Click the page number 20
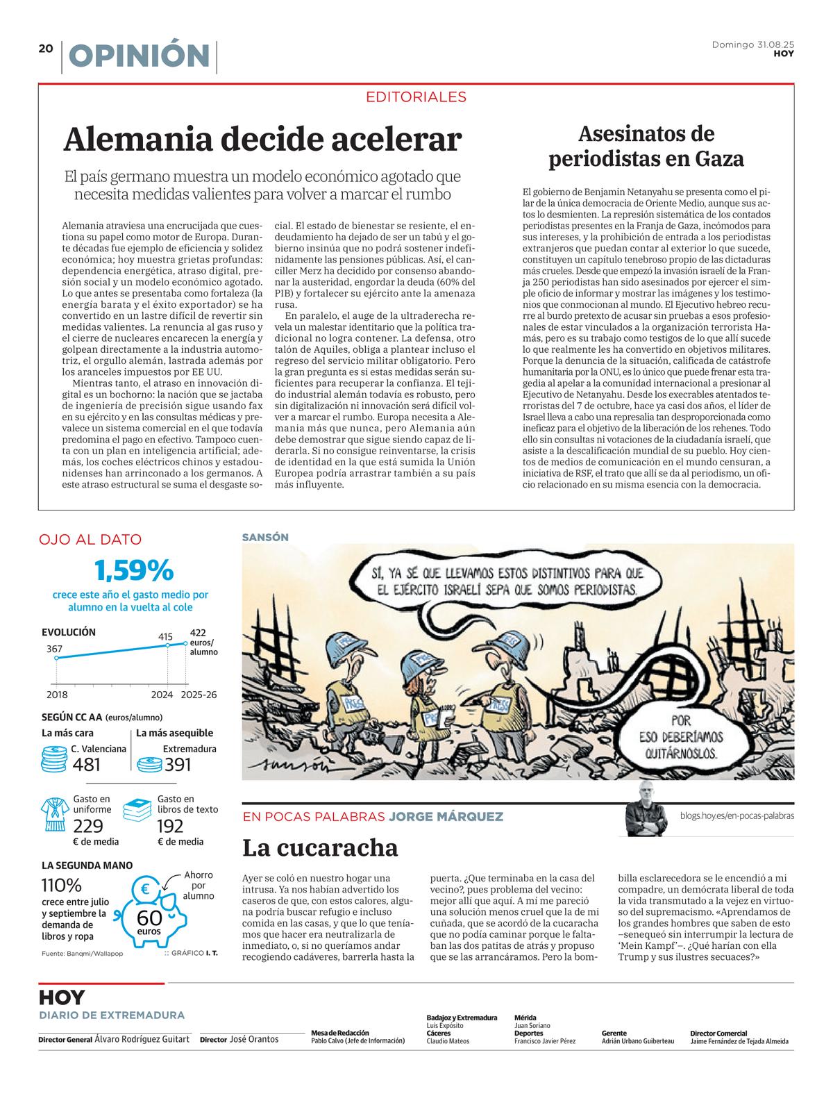pyautogui.click(x=46, y=48)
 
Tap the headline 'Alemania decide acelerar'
pyautogui.click(x=262, y=139)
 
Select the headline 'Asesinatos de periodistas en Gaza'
pyautogui.click(x=646, y=146)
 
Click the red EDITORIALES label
pyautogui.click(x=416, y=97)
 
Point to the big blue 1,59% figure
pyautogui.click(x=133, y=571)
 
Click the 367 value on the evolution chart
pyautogui.click(x=55, y=649)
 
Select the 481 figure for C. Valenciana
pyautogui.click(x=87, y=765)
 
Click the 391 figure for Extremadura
pyautogui.click(x=178, y=765)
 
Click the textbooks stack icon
pyautogui.click(x=137, y=811)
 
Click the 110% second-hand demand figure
pyautogui.click(x=62, y=886)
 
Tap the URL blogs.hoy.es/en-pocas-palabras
pyautogui.click(x=737, y=816)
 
